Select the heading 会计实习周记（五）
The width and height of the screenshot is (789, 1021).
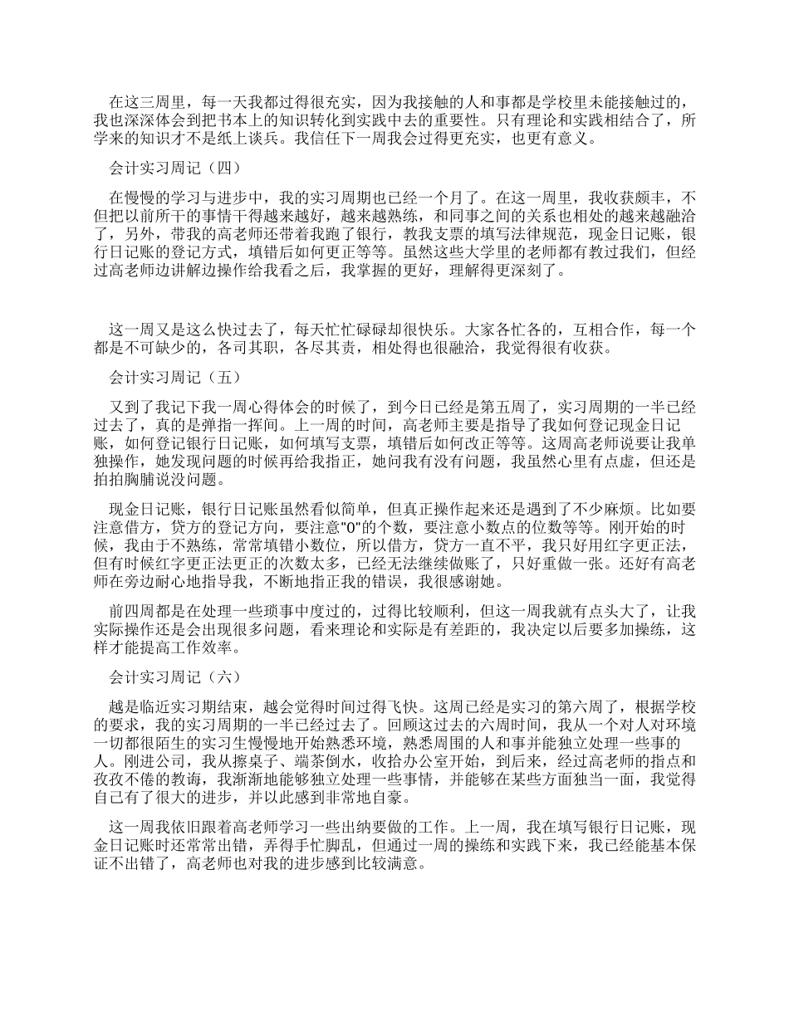tap(175, 378)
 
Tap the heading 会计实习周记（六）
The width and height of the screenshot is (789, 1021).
tap(175, 677)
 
